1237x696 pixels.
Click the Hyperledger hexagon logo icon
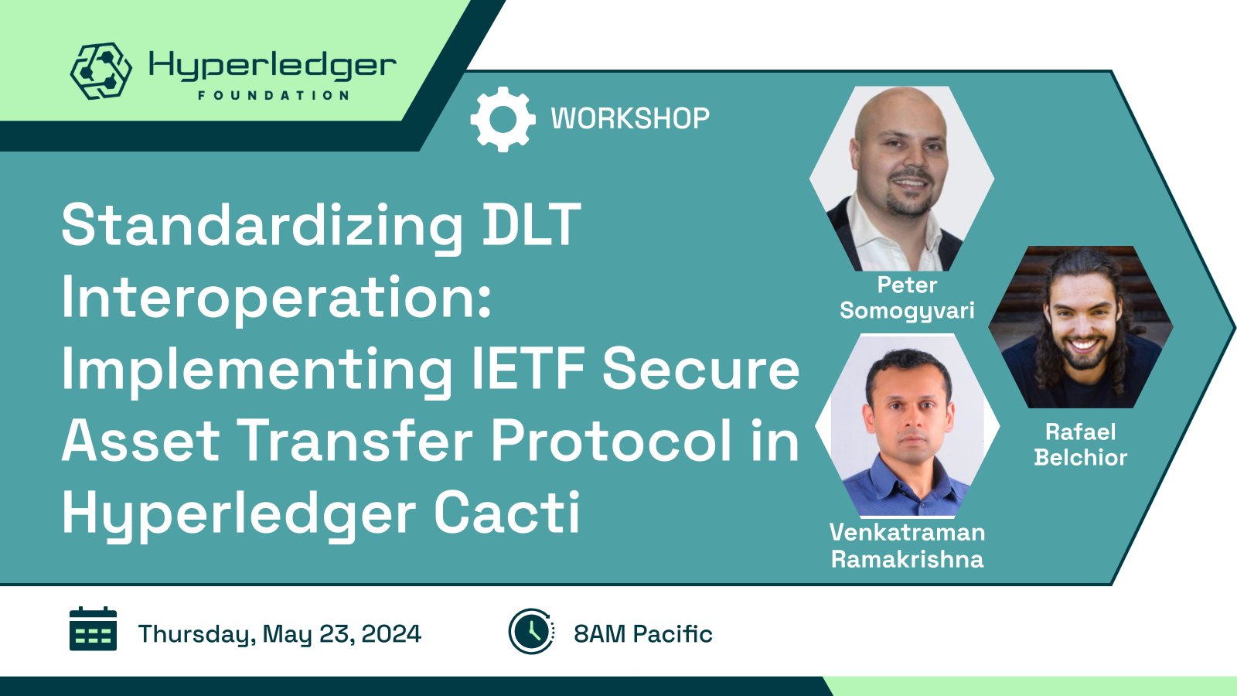click(101, 70)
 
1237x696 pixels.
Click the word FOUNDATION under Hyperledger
click(274, 96)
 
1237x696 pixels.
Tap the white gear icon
click(503, 119)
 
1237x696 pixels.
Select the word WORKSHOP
click(630, 119)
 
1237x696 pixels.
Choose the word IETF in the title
click(528, 368)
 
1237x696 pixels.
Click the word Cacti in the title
click(507, 512)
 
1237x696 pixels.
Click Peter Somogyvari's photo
click(901, 179)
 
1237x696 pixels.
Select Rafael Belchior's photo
click(1081, 327)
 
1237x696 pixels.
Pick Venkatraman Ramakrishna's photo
click(908, 425)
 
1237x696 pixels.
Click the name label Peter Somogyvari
click(908, 298)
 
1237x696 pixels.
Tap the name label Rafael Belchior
click(1081, 445)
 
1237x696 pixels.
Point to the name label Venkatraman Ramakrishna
click(908, 546)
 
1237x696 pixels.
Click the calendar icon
click(93, 629)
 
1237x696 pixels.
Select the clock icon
click(531, 631)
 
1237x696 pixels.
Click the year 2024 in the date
click(391, 633)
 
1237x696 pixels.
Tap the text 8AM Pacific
click(642, 633)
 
